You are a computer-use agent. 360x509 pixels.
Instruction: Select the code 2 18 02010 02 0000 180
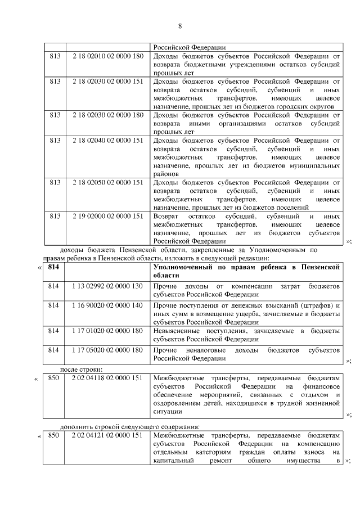[108, 57]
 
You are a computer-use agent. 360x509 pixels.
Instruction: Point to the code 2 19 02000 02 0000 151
[108, 216]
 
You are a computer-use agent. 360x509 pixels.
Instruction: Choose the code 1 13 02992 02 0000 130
[108, 286]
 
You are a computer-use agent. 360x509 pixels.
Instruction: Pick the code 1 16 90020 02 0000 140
[108, 305]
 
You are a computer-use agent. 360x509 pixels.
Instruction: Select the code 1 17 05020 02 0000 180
[108, 350]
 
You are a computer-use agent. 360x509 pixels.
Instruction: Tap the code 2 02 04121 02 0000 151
[108, 436]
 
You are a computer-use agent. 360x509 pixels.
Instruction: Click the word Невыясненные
[179, 331]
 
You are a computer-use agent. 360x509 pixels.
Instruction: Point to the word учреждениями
[238, 65]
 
